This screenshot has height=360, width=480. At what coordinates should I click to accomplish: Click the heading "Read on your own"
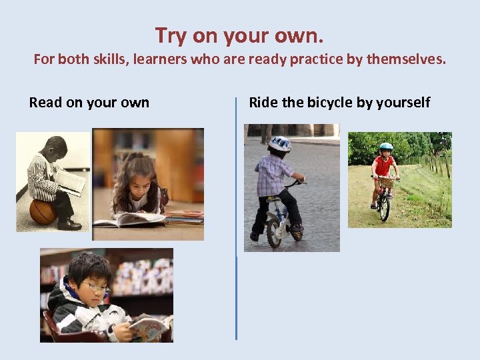click(89, 103)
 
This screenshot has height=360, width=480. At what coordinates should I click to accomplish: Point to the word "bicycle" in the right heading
click(331, 103)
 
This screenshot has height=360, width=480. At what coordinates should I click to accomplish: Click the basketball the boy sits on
click(42, 211)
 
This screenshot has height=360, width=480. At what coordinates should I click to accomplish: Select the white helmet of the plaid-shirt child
click(280, 143)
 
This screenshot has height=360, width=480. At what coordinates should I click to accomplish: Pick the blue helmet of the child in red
click(386, 147)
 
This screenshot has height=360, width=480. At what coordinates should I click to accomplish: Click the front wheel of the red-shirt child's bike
click(384, 207)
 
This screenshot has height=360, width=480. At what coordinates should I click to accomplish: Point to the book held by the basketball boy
click(70, 180)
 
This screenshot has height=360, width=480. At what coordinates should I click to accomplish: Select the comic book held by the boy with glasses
click(148, 327)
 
